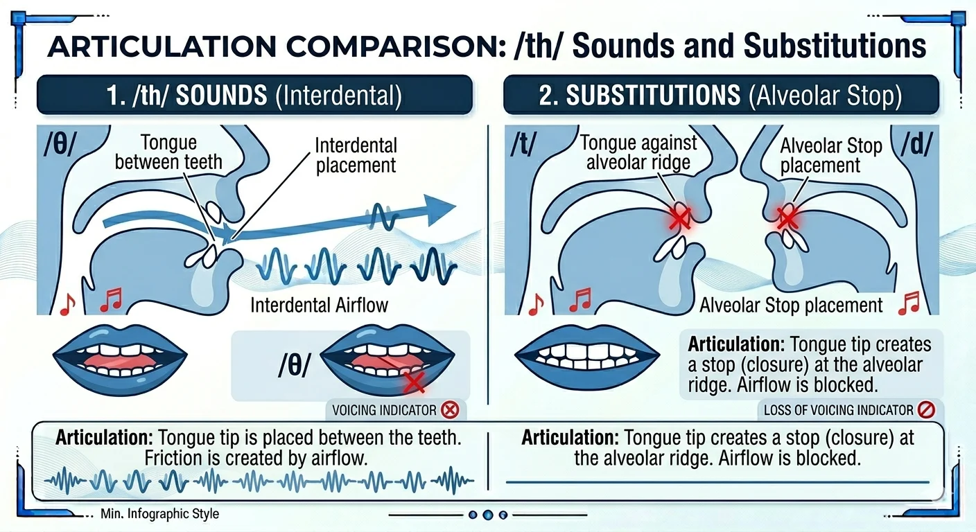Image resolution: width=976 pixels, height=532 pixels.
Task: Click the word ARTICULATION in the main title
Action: (162, 46)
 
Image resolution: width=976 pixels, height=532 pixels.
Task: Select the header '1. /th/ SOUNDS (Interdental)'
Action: (254, 95)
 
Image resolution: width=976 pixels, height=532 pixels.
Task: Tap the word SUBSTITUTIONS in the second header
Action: (653, 95)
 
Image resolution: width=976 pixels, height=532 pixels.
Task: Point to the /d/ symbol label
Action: (917, 144)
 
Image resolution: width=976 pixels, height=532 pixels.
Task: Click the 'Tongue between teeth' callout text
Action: (168, 152)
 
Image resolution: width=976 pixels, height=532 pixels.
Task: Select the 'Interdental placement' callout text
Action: (356, 155)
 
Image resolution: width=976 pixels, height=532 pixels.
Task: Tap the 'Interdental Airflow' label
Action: (319, 305)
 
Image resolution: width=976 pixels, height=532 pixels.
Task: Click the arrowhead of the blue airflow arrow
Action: (439, 209)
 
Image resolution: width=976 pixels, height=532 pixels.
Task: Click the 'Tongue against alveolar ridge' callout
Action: (638, 152)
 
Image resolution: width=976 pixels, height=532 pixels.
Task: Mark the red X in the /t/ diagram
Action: (679, 218)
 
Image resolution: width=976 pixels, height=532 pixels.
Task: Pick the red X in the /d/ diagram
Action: (787, 217)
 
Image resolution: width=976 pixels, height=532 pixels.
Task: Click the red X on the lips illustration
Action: (413, 382)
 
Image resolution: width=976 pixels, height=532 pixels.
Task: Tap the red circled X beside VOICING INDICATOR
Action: (450, 410)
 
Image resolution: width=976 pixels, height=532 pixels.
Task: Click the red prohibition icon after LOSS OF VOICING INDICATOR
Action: (926, 410)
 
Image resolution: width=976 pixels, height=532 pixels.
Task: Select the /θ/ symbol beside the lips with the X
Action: (295, 365)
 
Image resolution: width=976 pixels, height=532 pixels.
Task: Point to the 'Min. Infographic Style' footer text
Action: (159, 514)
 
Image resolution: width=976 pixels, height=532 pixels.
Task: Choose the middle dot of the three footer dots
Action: (488, 515)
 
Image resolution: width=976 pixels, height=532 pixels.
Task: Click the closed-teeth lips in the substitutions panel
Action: (587, 358)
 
